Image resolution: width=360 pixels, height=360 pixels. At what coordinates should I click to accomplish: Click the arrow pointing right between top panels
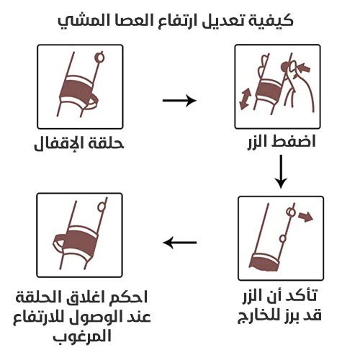179,101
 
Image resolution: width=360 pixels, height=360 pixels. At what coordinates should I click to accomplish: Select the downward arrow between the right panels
282,171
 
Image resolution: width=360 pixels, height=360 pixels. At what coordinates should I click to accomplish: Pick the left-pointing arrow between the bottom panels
180,243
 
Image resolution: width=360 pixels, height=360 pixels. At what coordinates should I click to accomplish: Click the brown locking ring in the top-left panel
80,91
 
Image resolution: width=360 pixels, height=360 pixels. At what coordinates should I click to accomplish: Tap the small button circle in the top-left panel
99,55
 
